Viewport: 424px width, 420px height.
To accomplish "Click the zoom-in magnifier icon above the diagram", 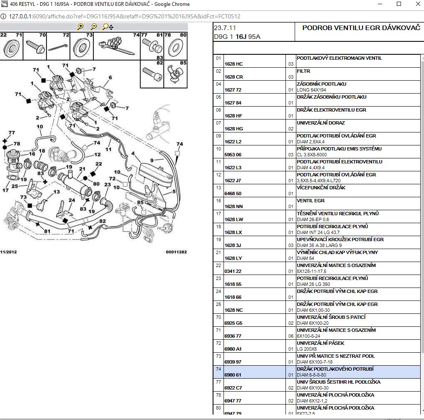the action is point(80,27).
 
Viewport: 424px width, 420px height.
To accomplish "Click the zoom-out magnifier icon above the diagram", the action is point(94,27).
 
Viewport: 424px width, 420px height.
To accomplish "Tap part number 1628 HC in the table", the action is point(234,64).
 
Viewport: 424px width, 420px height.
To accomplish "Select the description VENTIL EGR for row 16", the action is point(311,201).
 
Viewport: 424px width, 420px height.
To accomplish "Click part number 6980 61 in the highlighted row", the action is point(233,375).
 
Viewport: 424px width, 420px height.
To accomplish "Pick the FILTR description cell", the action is point(303,71).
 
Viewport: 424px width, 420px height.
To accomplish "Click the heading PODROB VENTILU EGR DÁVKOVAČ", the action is point(361,28).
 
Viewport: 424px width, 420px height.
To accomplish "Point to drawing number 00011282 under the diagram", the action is point(176,252).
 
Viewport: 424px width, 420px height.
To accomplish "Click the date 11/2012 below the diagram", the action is point(8,252).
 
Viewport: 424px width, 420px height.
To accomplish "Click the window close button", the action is point(417,4).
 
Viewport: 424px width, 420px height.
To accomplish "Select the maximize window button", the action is point(399,4).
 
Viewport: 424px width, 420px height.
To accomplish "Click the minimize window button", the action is point(380,4).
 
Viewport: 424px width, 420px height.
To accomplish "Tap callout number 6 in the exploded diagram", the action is point(110,77).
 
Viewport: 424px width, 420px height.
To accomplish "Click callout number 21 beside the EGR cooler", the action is point(82,169).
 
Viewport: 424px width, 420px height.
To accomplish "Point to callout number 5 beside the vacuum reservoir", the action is point(174,191).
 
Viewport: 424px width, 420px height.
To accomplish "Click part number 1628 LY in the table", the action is point(233,258).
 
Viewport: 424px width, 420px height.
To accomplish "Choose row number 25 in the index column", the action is point(218,304).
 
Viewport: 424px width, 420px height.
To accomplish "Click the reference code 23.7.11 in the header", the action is point(225,28).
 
